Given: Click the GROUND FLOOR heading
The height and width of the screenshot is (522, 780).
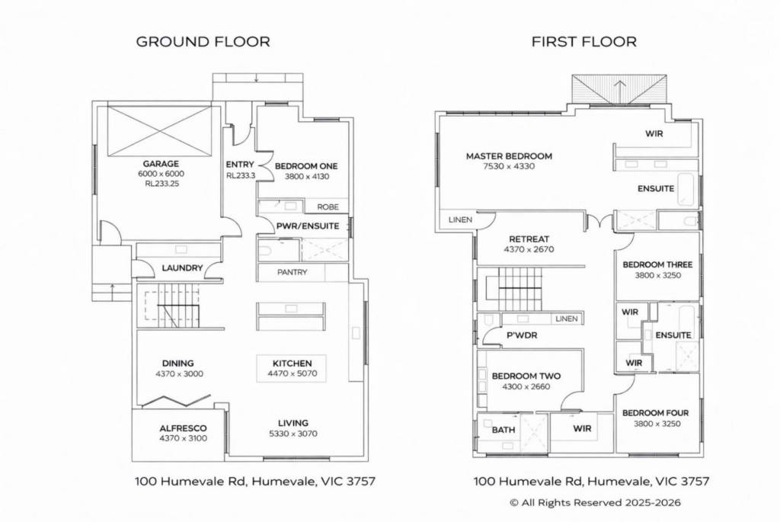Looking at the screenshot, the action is (203, 41).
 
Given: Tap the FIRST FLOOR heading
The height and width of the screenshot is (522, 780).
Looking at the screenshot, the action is (584, 41).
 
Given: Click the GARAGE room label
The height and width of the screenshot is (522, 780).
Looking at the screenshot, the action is (161, 164).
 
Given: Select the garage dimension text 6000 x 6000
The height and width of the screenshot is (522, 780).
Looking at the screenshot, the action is (161, 174).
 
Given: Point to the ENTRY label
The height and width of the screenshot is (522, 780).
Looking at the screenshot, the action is (240, 164).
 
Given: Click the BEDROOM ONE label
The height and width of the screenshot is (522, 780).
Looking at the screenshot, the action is (306, 166).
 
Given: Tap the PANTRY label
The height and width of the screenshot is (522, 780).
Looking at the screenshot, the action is (292, 272).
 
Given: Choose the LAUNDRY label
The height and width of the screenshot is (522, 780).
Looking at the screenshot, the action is (182, 267).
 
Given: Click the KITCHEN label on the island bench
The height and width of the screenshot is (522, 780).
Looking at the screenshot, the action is (292, 363).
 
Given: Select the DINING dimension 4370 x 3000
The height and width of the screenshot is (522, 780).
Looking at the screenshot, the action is (179, 373).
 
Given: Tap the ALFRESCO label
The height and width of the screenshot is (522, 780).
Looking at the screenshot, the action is (183, 428).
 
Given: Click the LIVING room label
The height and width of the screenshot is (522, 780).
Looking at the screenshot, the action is (293, 423).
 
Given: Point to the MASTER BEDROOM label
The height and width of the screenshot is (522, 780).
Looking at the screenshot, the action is (509, 156).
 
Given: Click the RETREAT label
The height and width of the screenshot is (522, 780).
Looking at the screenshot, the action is (529, 239).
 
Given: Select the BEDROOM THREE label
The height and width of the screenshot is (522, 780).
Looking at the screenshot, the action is (657, 264).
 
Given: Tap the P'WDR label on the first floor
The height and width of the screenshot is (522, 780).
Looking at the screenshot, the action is (522, 335).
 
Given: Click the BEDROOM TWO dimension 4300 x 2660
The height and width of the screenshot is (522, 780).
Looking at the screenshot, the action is (526, 386).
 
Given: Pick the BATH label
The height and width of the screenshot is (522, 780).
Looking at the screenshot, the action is (503, 430).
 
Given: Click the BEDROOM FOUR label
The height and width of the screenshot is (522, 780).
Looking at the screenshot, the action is (655, 413).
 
